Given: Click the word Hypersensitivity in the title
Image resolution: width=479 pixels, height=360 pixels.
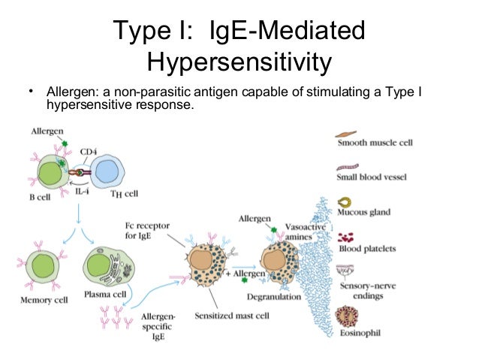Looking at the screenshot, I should tap(239, 62).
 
